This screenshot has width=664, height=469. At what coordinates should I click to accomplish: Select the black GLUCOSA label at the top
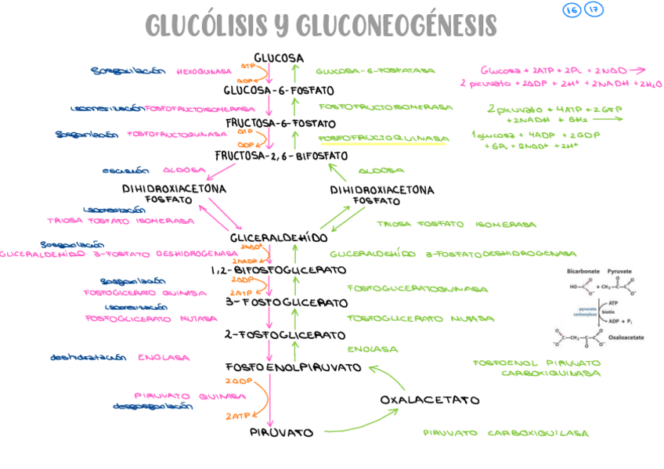pos(279,58)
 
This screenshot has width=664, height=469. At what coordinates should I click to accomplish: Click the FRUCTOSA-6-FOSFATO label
pos(280,123)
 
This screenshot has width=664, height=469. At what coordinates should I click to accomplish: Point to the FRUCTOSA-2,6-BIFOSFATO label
pos(281,155)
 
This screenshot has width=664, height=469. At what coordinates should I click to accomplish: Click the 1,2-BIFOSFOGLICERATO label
pos(278,270)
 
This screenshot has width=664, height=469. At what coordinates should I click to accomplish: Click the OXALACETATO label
pos(430,399)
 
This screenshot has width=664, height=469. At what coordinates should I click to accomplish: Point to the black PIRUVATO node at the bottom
pos(282,432)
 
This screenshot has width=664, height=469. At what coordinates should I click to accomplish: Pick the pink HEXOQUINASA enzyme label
pos(204,71)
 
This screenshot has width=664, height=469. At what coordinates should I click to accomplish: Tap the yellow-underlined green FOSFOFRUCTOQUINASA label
pos(384,138)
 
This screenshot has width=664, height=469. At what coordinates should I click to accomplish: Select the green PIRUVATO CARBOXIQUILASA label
pos(505,433)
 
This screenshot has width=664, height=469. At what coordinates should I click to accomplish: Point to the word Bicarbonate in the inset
pos(583,271)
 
